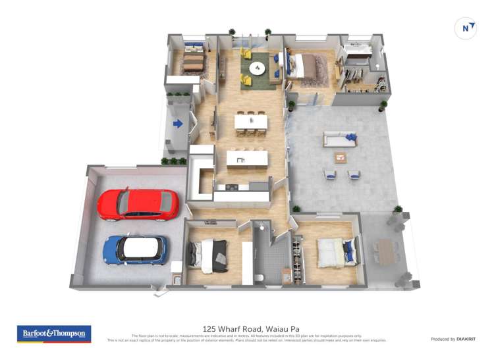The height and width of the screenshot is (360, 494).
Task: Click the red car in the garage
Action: pos(138,204)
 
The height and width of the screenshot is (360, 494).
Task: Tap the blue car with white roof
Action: pos(136,250)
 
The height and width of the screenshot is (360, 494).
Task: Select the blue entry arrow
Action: pos(178,123)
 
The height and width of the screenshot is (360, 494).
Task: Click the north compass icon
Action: pos(466,28)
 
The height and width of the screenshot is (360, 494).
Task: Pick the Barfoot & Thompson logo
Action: pos(54,334)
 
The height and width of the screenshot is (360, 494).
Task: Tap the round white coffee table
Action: pos(256,68)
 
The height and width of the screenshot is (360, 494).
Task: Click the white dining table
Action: pos(251,122)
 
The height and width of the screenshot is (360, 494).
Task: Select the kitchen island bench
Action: pos(247,159)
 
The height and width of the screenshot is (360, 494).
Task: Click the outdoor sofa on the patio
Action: pos(339,139)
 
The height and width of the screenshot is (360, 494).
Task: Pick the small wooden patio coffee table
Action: pos(341,157)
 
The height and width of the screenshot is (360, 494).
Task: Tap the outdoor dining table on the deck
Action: pos(385,249)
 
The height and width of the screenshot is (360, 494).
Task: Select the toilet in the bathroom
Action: pos(260,277)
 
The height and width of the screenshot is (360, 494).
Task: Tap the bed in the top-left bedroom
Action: pos(194,61)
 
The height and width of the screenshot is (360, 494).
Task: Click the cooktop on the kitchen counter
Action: pos(233,187)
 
